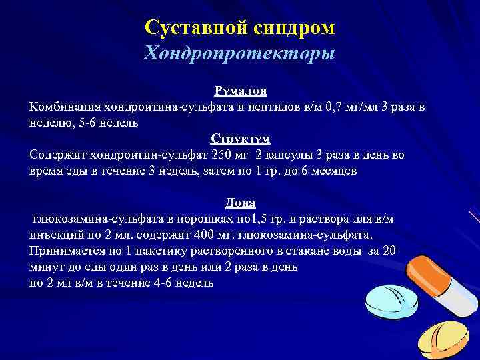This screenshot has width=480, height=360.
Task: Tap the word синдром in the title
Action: (294, 28)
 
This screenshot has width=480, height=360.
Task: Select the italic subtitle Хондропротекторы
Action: (239, 53)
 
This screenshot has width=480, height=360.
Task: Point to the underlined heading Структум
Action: (240, 139)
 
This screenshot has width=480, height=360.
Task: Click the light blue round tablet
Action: (393, 304)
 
